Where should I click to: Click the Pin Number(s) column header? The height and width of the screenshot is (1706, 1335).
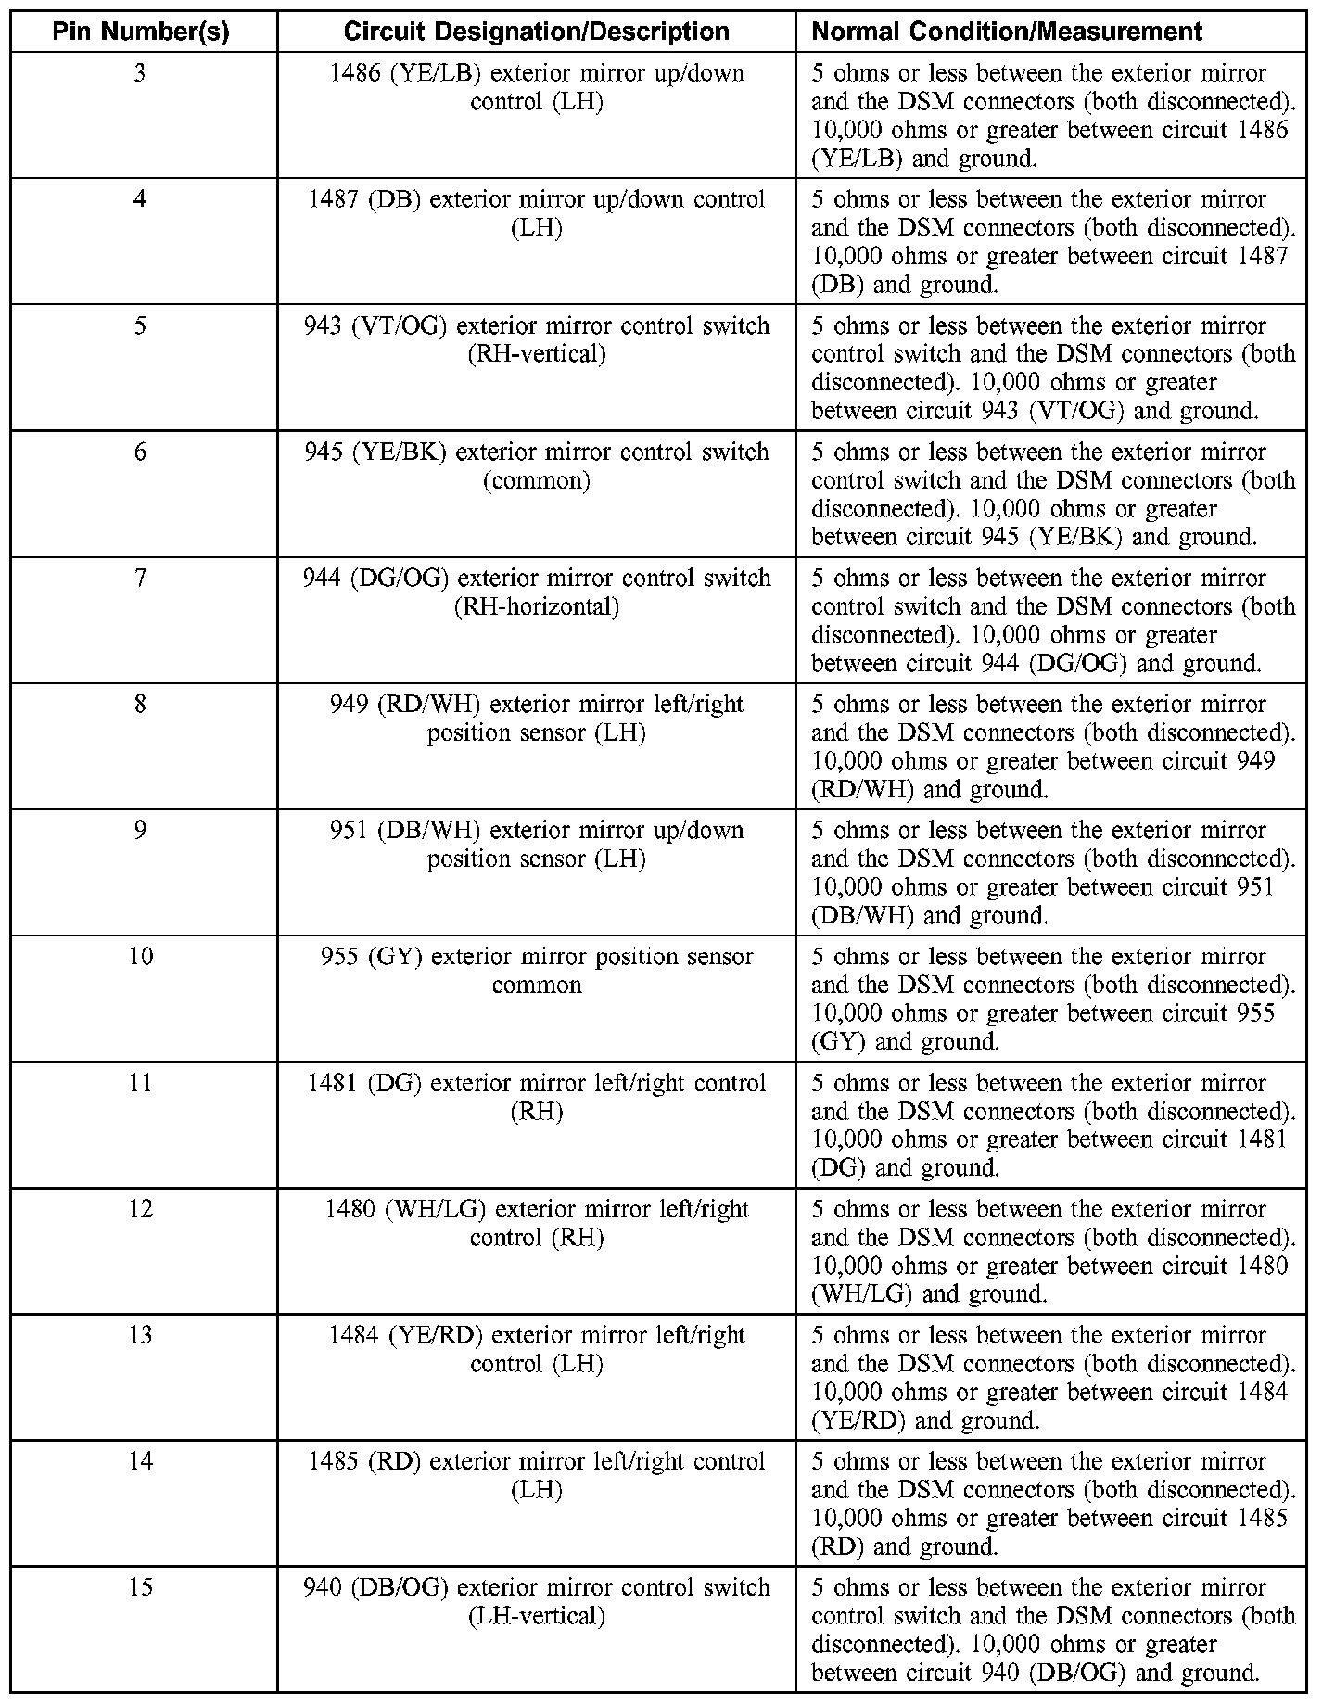click(x=141, y=32)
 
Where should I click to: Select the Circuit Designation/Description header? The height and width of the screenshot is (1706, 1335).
click(x=536, y=32)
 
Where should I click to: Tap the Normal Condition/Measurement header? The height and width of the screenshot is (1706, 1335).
click(x=1007, y=32)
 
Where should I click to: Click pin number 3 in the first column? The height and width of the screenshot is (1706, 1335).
click(x=140, y=73)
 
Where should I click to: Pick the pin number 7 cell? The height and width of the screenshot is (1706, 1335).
click(x=140, y=579)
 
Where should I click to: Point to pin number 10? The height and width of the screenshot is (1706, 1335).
click(x=140, y=957)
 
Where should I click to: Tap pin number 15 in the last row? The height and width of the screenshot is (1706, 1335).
click(x=140, y=1587)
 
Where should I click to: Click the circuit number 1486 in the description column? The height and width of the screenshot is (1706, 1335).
click(x=354, y=73)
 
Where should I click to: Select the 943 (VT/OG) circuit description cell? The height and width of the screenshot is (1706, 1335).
click(x=537, y=339)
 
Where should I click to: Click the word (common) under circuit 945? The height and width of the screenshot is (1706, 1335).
click(x=537, y=481)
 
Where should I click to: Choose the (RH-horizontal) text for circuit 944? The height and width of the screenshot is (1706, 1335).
click(x=537, y=607)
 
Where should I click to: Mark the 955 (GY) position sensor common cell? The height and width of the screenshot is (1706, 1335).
click(x=537, y=970)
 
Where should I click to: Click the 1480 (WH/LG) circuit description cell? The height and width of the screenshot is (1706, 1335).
click(x=537, y=1223)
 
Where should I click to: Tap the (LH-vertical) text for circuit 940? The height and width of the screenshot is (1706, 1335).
click(x=537, y=1616)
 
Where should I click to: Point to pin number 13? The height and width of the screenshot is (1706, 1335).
click(x=140, y=1335)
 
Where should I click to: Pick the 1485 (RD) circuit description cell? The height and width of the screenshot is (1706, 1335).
click(x=537, y=1475)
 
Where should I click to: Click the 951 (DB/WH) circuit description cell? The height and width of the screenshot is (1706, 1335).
click(x=537, y=844)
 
